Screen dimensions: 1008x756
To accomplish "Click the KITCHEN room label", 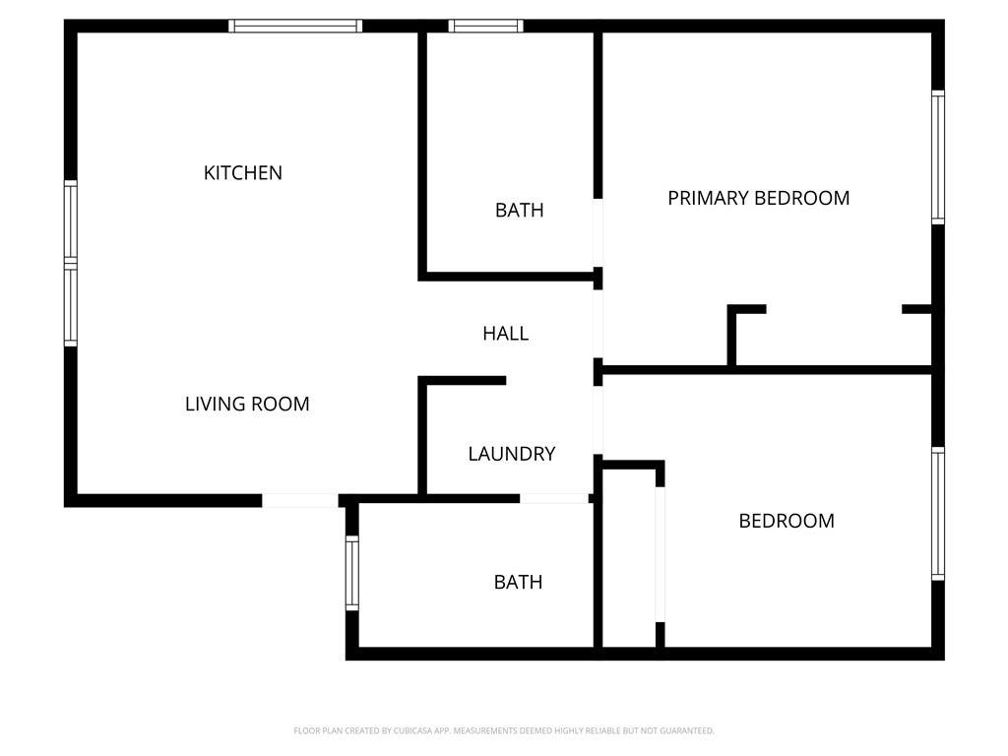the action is point(243,173).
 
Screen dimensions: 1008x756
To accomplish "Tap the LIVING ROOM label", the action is point(247,404).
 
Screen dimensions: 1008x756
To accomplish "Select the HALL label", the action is point(506,333).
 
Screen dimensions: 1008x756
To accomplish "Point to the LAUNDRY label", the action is point(512,454).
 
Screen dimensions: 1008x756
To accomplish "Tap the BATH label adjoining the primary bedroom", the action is point(520,211).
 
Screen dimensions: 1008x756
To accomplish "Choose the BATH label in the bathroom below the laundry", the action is point(518,582).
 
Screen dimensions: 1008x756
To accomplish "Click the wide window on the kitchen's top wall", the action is point(295,26).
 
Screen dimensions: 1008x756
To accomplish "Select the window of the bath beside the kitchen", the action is point(485,26).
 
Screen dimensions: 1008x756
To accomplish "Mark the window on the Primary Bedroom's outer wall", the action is point(938,157).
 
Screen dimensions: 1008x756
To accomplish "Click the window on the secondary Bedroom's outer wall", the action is point(938,514).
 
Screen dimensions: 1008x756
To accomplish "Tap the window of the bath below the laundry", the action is point(352,574).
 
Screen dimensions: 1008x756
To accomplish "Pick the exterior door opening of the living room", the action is point(300,500).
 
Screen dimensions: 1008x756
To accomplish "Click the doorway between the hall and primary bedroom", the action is point(598,324).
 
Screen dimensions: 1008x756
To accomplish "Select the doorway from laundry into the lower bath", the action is point(554,498).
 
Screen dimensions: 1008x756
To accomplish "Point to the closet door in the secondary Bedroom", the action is point(660,555).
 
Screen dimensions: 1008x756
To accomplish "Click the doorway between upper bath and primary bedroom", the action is point(598,232).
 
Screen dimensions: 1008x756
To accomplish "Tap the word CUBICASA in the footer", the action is point(413,731).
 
